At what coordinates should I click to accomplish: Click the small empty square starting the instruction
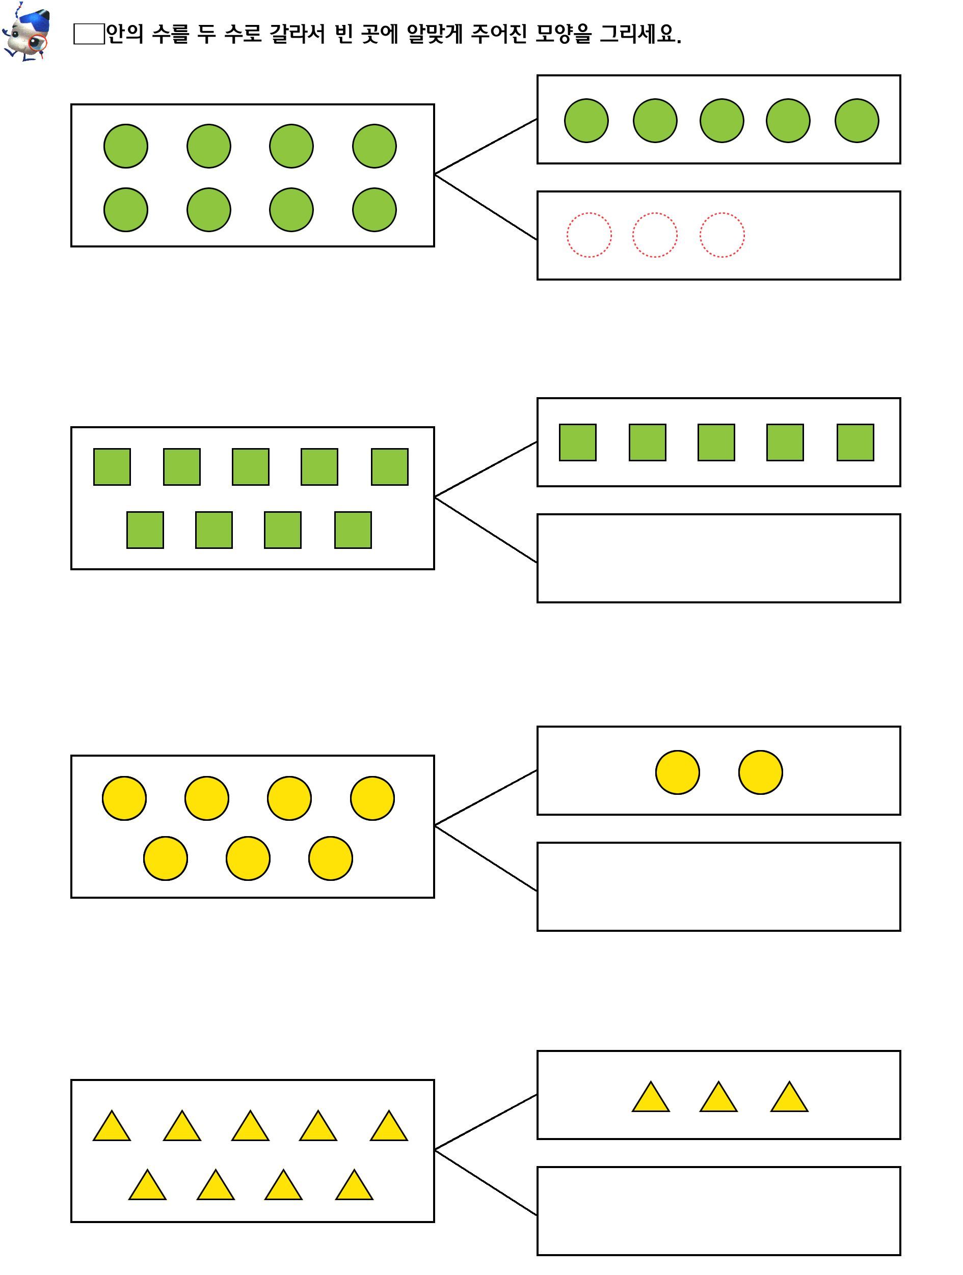coord(88,34)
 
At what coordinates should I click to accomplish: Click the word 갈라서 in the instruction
coord(298,34)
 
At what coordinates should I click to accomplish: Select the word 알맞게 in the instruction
coord(434,34)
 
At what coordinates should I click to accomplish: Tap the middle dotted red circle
coord(655,235)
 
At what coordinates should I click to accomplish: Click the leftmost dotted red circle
coord(589,235)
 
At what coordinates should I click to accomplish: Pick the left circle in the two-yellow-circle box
coord(678,772)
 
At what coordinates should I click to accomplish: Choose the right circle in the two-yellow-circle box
coord(761,772)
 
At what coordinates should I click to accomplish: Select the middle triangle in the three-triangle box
coord(718,1096)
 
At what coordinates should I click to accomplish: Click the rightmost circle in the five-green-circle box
coord(857,121)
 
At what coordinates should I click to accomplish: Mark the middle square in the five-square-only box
coord(716,442)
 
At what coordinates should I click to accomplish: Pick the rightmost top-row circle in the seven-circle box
coord(372,798)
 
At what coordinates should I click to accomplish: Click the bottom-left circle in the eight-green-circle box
coord(126,210)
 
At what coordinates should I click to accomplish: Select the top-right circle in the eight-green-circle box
coord(374,146)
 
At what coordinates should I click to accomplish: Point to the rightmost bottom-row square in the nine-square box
coord(353,530)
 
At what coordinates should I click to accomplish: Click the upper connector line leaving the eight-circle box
coord(486,147)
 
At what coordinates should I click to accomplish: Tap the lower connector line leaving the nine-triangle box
coord(486,1182)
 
